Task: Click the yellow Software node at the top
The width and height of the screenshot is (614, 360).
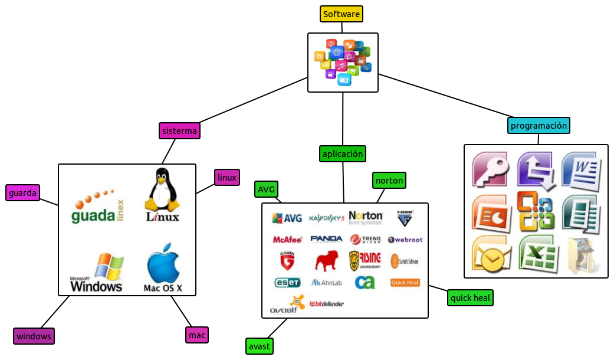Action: click(x=342, y=14)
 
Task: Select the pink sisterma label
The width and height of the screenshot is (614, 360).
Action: click(x=179, y=131)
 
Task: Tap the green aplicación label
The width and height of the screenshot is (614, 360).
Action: click(x=342, y=154)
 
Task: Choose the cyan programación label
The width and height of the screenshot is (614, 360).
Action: click(x=539, y=126)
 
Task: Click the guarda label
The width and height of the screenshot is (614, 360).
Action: click(x=23, y=193)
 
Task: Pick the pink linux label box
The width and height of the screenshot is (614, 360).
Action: click(x=226, y=177)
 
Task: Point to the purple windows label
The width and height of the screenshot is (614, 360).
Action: click(x=34, y=336)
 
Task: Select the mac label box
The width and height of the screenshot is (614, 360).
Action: click(x=197, y=335)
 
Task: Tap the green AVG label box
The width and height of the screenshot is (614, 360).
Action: click(x=266, y=189)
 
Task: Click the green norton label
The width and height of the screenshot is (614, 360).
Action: click(x=389, y=181)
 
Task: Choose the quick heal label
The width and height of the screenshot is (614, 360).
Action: click(x=470, y=298)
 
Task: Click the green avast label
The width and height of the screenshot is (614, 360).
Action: click(x=260, y=346)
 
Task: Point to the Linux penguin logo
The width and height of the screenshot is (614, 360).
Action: click(x=162, y=195)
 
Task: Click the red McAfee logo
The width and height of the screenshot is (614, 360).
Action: click(x=287, y=240)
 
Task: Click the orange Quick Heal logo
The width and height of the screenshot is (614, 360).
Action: click(x=405, y=283)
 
